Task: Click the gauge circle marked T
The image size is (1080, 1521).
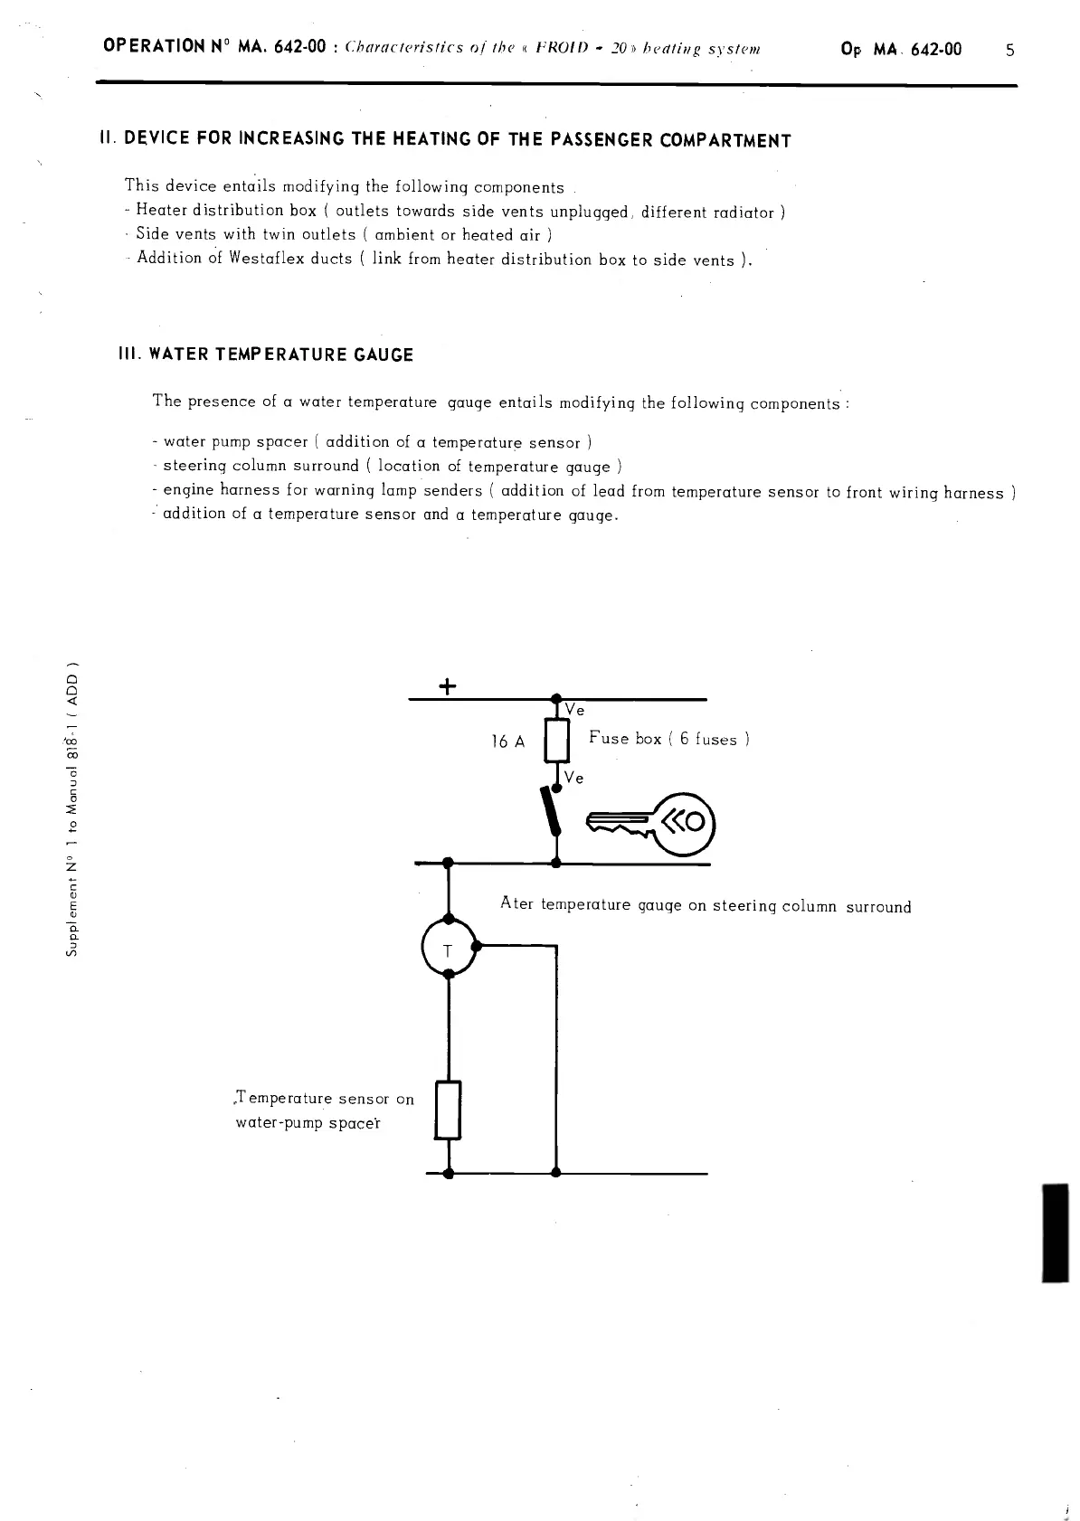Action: tap(448, 947)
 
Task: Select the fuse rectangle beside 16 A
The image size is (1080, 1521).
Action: tap(556, 742)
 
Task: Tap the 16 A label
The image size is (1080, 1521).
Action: tap(507, 742)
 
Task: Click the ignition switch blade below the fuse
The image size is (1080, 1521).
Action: tap(549, 812)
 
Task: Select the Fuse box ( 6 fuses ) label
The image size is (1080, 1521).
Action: tap(668, 739)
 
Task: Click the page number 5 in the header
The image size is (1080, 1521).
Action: tap(1010, 50)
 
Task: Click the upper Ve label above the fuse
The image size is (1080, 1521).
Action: tap(574, 711)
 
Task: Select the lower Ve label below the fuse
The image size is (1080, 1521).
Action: tap(573, 778)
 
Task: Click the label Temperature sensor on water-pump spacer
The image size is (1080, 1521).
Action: tap(323, 1111)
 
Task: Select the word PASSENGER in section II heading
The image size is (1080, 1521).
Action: tap(594, 140)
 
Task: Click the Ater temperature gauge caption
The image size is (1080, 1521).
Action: tap(706, 905)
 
